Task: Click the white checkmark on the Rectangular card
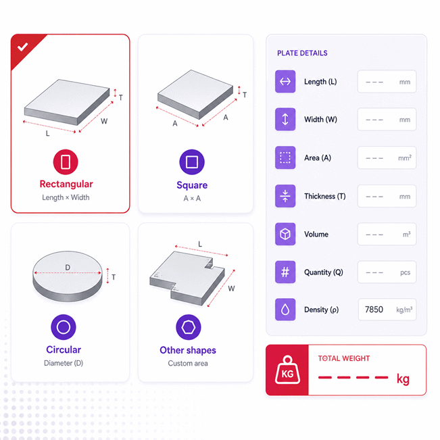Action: pos(22,47)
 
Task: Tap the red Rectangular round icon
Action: pos(66,162)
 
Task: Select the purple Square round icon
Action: pos(192,162)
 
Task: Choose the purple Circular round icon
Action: pos(64,327)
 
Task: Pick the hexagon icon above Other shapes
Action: pos(189,327)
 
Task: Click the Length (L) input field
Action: pos(387,82)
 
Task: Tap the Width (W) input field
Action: pos(387,120)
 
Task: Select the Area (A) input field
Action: pos(387,157)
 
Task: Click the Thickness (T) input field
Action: pos(387,196)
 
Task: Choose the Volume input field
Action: pos(387,234)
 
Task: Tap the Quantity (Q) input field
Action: pos(387,272)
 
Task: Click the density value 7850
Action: pos(374,310)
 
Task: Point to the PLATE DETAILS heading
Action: pos(302,53)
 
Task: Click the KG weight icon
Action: pos(287,370)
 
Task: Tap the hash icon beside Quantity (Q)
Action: pos(285,272)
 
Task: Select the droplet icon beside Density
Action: pos(285,310)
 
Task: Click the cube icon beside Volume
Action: pos(285,234)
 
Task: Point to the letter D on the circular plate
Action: pos(68,268)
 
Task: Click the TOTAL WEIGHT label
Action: pos(344,358)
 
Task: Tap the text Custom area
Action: pos(188,364)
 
